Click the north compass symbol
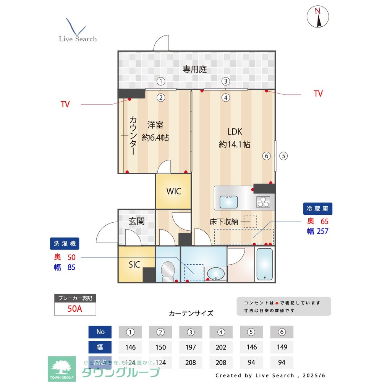tap(318, 17)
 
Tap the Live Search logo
tap(78, 31)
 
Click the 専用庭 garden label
tap(194, 69)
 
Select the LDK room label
tap(235, 132)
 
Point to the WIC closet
tap(173, 191)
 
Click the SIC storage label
tap(134, 264)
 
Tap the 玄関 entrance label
tap(136, 221)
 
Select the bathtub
tap(264, 264)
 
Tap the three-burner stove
tap(263, 201)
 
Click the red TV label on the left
tap(65, 104)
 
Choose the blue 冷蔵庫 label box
tap(318, 209)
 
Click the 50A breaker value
tap(75, 309)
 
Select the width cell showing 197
tap(191, 347)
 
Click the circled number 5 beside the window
tap(283, 156)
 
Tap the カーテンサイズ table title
tap(191, 313)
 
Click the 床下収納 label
tap(224, 221)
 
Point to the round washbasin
tap(216, 274)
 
